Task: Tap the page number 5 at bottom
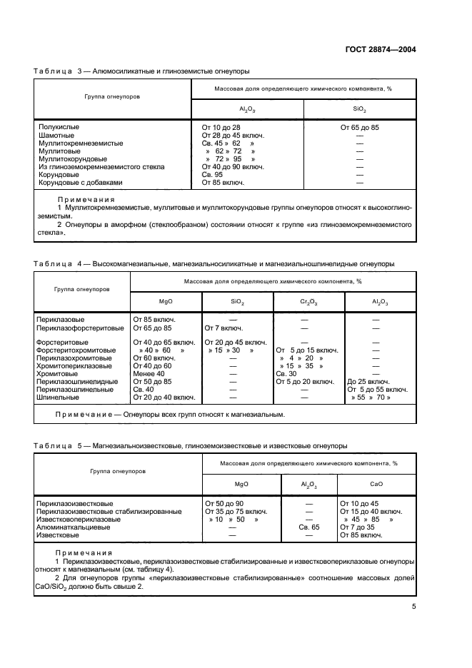tap(413, 607)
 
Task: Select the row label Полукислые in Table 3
tap(59, 127)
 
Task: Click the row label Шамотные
tap(56, 135)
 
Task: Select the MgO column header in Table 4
tap(166, 303)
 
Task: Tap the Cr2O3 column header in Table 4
tap(308, 303)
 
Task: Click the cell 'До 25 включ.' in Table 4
tap(370, 382)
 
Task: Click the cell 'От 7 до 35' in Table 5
tap(358, 527)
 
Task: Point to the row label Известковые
tap(59, 535)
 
